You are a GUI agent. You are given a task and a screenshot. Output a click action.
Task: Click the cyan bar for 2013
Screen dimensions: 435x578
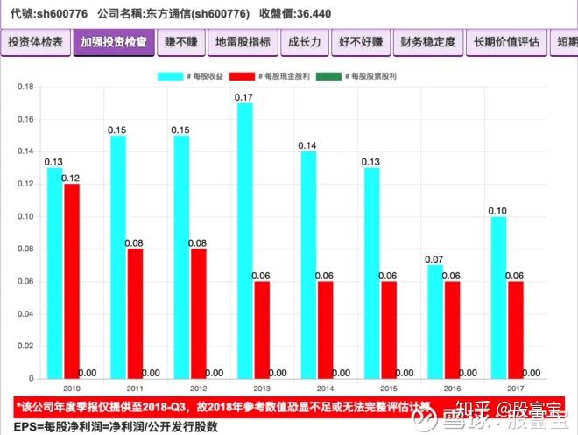coord(244,241)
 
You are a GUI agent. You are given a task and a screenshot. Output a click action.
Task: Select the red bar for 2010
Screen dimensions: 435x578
coord(71,281)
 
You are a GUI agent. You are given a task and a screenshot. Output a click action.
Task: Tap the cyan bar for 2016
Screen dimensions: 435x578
coord(433,321)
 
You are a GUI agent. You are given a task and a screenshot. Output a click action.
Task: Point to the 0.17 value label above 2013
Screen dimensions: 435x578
coord(244,96)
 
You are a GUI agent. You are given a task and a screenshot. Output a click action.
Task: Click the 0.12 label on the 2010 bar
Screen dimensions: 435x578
coord(71,178)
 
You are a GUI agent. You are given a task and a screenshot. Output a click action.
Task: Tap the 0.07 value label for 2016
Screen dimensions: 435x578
coord(433,259)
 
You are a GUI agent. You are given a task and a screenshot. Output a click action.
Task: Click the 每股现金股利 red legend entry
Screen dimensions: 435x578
coord(265,76)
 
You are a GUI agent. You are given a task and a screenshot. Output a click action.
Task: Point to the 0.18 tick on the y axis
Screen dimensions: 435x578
coord(25,87)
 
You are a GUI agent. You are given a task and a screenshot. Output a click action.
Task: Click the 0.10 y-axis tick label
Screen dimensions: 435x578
coord(25,216)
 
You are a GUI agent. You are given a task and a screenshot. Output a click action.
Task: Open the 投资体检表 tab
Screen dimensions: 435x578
coord(35,42)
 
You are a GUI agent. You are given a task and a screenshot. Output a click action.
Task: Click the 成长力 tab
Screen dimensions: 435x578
coord(304,42)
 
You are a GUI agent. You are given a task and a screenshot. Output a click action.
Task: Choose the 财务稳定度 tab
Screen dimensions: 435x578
coord(427,42)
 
